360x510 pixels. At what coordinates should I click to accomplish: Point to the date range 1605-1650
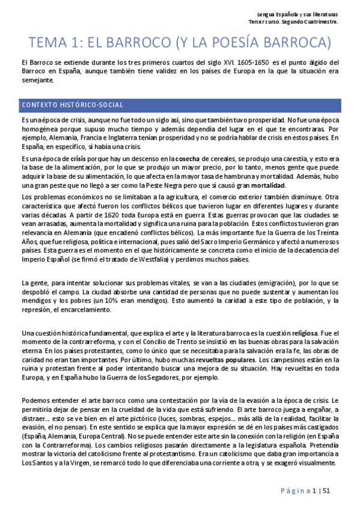[x=255, y=62]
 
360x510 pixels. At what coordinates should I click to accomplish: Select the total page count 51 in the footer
[x=326, y=491]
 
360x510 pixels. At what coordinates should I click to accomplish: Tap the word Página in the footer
[x=294, y=491]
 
